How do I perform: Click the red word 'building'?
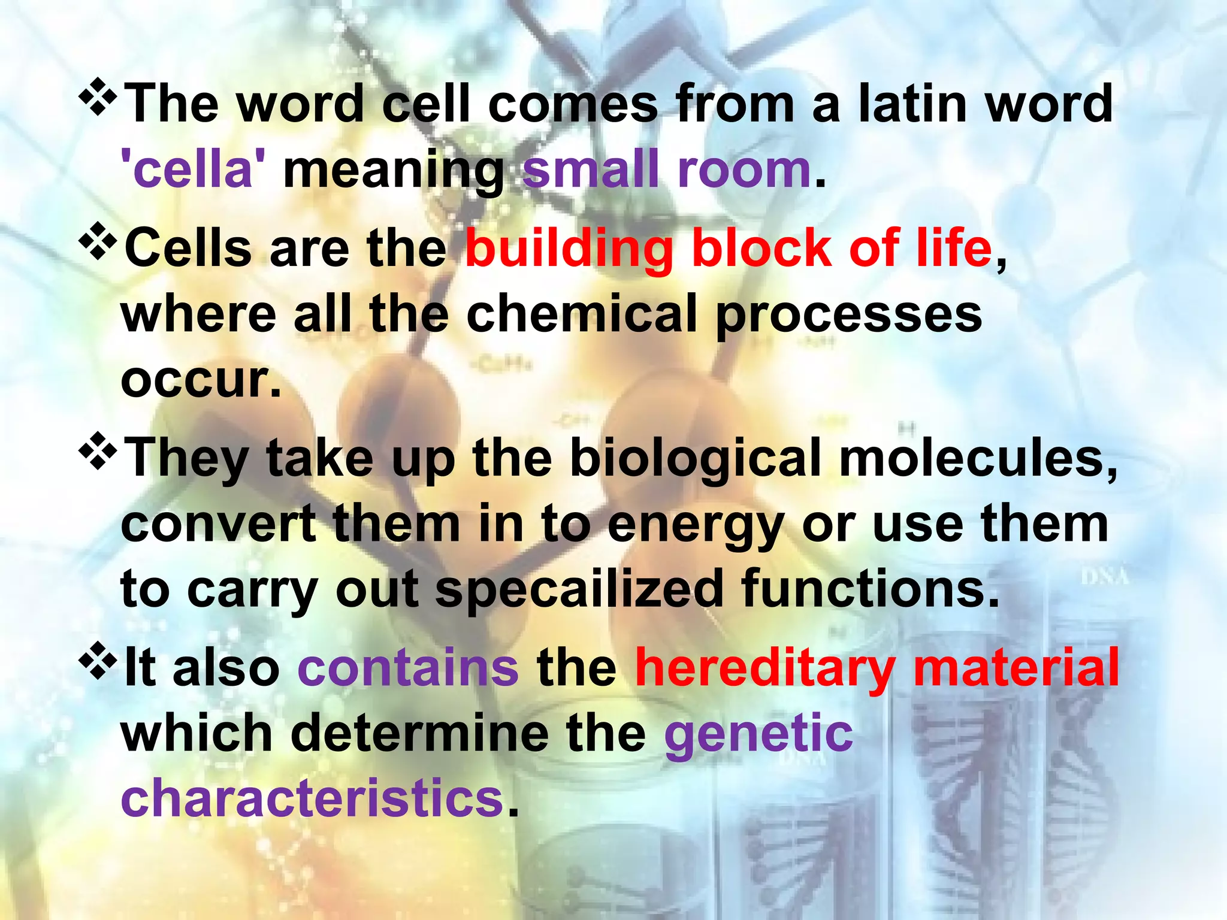pos(569,249)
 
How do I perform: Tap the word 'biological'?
pos(695,459)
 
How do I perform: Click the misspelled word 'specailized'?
pos(579,591)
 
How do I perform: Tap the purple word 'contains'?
pos(408,668)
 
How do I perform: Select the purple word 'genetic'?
pos(758,734)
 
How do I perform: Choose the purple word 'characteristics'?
pos(312,798)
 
